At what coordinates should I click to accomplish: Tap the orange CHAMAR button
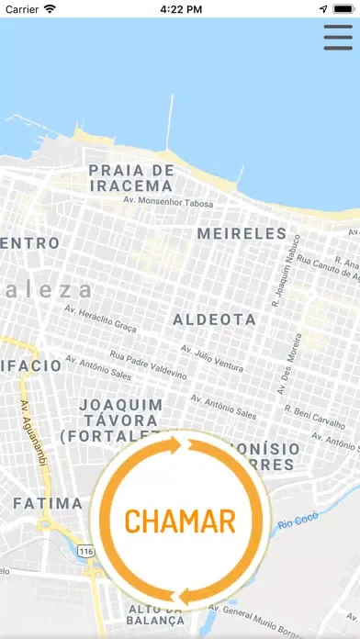(x=180, y=520)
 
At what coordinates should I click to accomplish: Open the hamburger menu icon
(x=339, y=37)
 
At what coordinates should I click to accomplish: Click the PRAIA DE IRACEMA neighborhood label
(x=131, y=178)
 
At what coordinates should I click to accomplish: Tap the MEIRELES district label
(x=242, y=233)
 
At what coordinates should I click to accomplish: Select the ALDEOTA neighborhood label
(x=215, y=319)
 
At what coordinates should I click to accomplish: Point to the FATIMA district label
(x=48, y=503)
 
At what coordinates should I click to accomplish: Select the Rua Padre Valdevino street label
(x=148, y=364)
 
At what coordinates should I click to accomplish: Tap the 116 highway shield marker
(x=86, y=551)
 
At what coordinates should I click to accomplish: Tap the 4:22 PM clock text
(x=180, y=8)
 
